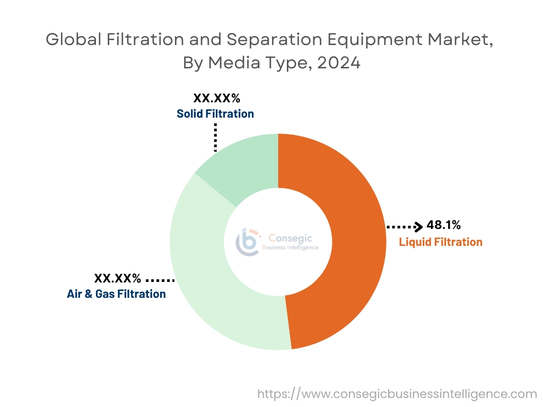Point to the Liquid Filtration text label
click(x=441, y=242)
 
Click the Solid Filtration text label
click(x=215, y=113)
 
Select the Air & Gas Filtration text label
click(x=116, y=294)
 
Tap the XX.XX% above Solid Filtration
click(x=216, y=98)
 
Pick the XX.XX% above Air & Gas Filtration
click(x=118, y=278)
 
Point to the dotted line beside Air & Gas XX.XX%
click(x=160, y=279)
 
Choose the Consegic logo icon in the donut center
click(x=248, y=242)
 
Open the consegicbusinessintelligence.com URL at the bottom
click(x=397, y=394)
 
